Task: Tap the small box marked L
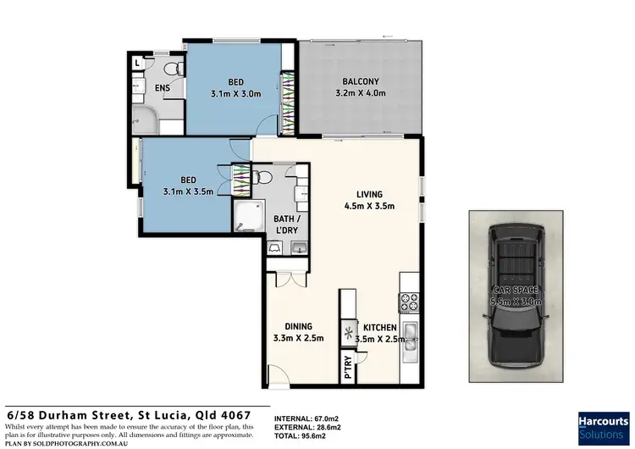[x=137, y=63]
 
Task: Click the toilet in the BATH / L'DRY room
[x=263, y=178]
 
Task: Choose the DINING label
[x=298, y=326]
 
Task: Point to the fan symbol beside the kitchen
[x=348, y=331]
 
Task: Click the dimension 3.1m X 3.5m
[x=188, y=191]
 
